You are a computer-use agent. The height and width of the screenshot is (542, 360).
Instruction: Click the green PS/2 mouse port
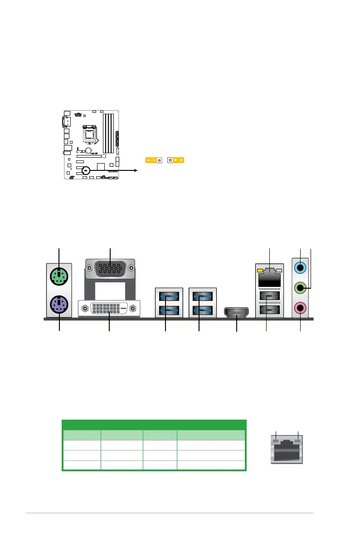point(59,275)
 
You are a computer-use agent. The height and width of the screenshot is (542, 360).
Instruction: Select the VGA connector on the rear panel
point(110,268)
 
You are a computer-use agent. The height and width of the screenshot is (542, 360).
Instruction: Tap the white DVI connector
point(109,309)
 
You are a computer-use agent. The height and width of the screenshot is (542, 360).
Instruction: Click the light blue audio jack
point(300,267)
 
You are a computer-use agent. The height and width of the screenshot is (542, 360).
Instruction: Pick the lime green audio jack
point(300,287)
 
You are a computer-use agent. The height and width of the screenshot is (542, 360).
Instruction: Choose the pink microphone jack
point(300,308)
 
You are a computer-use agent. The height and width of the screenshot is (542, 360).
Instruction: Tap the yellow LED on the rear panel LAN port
point(260,271)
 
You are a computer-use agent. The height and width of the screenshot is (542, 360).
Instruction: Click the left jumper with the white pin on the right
point(153,160)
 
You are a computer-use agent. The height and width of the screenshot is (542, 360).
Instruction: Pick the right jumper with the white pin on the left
point(175,160)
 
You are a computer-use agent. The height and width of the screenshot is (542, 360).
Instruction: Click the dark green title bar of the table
point(154,425)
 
